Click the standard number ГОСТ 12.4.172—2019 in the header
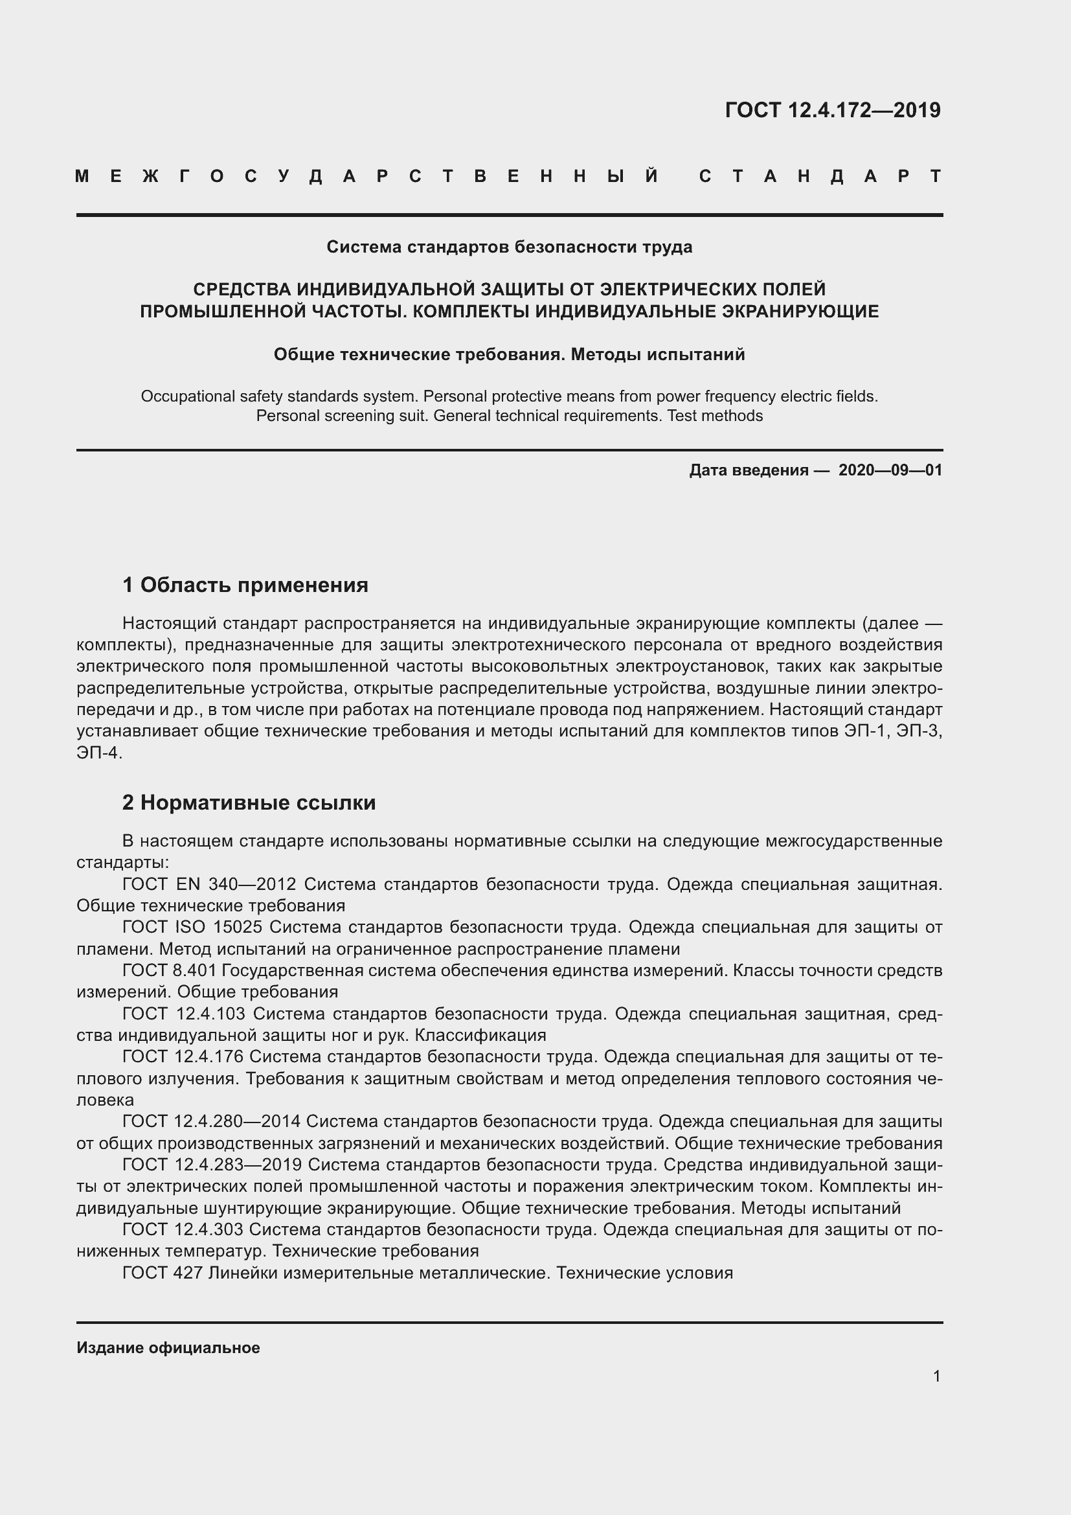coord(832,109)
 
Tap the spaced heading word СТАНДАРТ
coord(820,176)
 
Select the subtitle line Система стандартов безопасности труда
coord(509,247)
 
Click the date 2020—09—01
coord(890,470)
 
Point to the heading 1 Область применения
coord(245,585)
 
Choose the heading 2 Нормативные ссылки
coord(249,803)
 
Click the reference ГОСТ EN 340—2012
coord(210,884)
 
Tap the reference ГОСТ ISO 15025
coord(192,927)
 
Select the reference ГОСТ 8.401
coord(169,971)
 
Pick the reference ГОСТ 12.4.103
coord(184,1014)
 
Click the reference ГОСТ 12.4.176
coord(183,1056)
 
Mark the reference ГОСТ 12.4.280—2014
coord(211,1121)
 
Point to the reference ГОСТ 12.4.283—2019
coord(212,1165)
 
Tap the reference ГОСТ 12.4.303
coord(183,1229)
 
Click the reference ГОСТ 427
coord(163,1273)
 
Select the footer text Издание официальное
coord(168,1348)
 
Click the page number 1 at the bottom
coord(936,1376)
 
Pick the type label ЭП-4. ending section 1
coord(99,753)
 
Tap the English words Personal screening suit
coord(342,416)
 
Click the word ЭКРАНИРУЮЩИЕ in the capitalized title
coord(800,311)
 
